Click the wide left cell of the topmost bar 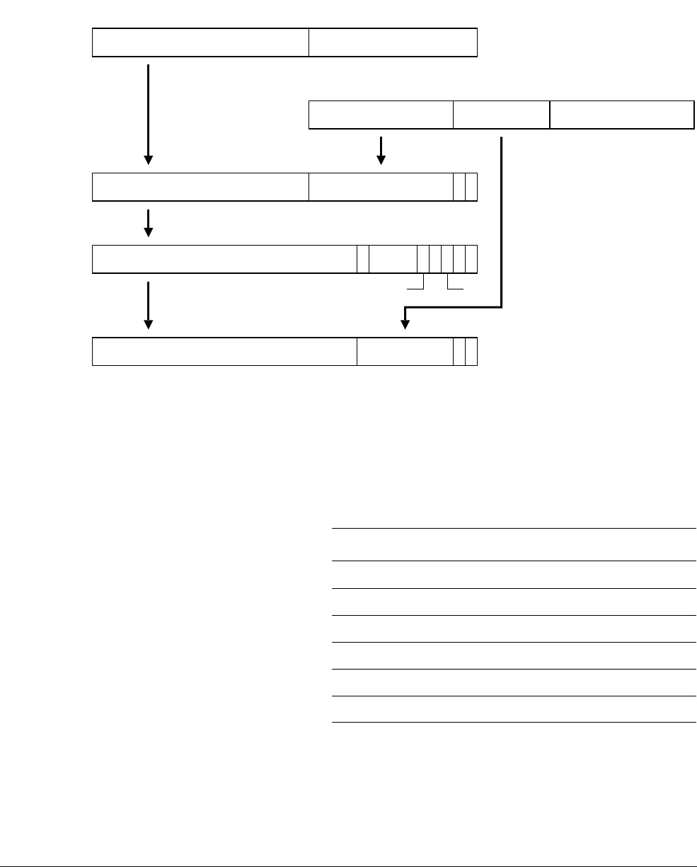(x=201, y=42)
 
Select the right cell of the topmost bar (x=393, y=42)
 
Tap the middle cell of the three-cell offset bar (x=501, y=115)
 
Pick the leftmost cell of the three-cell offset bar (x=381, y=115)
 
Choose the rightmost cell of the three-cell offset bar (x=621, y=115)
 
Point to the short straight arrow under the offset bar (x=381, y=150)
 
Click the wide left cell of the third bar (x=201, y=187)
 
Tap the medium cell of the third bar (x=381, y=187)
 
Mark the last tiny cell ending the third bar (x=471, y=187)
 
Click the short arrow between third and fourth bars (x=149, y=222)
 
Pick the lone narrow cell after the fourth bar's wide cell (x=363, y=259)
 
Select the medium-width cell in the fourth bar (x=393, y=259)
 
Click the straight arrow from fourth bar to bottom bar (x=149, y=304)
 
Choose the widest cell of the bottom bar (x=224, y=352)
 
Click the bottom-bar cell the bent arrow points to (x=405, y=352)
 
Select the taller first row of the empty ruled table (x=514, y=544)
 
